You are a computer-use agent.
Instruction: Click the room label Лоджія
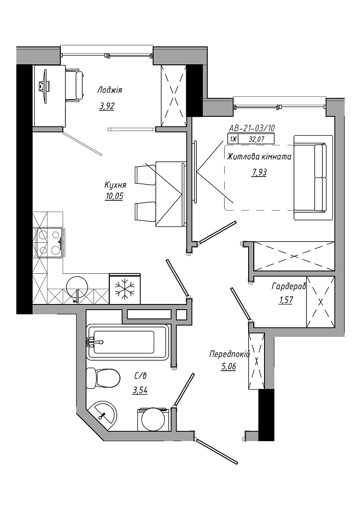tap(110, 90)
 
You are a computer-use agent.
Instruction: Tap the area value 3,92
tap(107, 106)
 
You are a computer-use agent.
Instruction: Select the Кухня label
tap(115, 185)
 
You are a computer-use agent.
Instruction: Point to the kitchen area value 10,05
tap(114, 196)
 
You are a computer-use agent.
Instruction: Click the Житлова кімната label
tap(259, 157)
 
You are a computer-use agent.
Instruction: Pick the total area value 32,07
tap(256, 140)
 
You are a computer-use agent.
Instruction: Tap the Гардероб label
tap(289, 287)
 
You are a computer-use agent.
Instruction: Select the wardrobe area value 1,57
tap(286, 300)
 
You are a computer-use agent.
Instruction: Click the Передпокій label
tap(229, 354)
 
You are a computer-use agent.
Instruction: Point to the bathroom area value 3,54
tap(140, 390)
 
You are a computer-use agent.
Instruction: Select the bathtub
tap(128, 342)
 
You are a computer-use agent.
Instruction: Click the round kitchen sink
tap(77, 287)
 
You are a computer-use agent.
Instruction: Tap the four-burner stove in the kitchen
tap(49, 243)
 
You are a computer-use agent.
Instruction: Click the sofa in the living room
tap(313, 177)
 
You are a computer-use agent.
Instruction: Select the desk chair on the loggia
tap(76, 85)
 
